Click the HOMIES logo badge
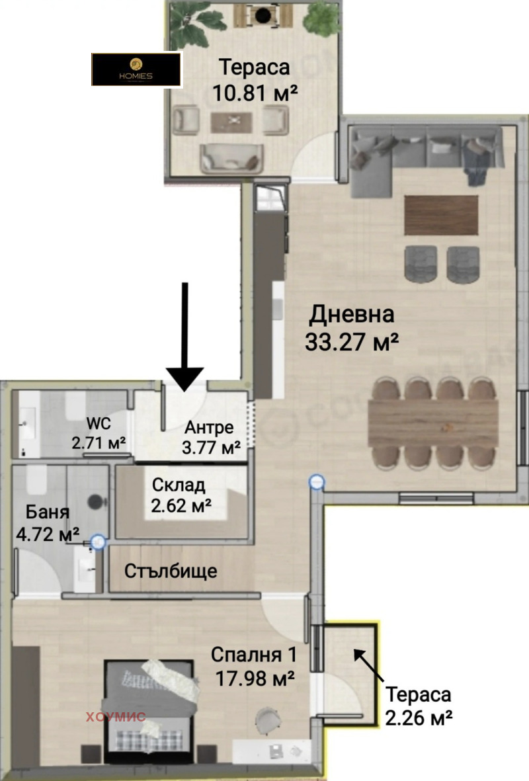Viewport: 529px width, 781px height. point(136,69)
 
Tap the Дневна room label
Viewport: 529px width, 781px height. point(352,314)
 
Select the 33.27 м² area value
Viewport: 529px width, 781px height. point(352,342)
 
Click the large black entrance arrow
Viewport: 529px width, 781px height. point(184,337)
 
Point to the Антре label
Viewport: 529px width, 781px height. point(209,427)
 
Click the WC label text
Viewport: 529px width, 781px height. point(99,423)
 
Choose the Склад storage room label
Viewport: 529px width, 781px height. point(179,485)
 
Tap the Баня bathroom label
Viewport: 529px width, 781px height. point(48,512)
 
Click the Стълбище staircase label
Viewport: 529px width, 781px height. point(171,571)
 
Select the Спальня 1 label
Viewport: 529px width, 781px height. point(253,655)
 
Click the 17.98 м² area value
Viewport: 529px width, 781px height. point(255,678)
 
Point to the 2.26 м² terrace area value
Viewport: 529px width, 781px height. point(419,718)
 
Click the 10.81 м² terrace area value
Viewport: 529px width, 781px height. point(255,93)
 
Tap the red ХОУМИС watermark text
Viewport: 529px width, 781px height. point(116,717)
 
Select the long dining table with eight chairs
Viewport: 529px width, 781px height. point(433,423)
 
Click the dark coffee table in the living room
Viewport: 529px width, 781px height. point(441,215)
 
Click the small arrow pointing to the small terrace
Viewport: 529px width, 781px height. point(368,665)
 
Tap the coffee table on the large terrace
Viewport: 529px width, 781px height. point(231,122)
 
